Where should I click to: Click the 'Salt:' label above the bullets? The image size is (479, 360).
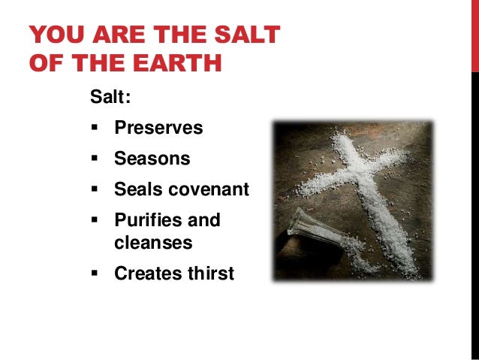106,97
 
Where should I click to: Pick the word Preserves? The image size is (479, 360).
158,128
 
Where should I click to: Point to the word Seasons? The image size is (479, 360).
152,159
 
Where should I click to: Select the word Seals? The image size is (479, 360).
136,189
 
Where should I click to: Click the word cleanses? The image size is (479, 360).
153,244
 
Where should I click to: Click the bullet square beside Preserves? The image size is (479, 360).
95,128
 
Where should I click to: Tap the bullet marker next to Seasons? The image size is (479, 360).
95,159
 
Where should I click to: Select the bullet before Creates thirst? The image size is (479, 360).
95,274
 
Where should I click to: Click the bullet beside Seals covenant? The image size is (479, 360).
95,189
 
